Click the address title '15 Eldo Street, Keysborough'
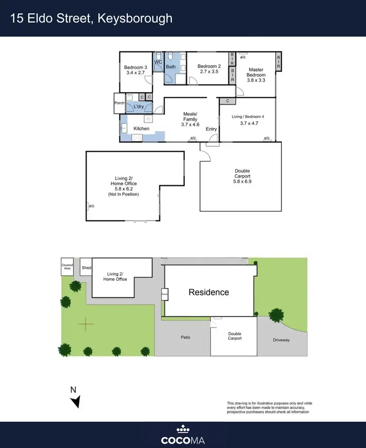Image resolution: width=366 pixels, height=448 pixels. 92,19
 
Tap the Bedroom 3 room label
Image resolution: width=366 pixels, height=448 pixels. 135,67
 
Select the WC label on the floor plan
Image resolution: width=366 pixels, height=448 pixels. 158,62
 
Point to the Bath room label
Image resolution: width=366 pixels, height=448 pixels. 171,67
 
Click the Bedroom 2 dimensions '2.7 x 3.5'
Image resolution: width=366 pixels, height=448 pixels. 209,72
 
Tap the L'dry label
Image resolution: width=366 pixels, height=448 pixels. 139,106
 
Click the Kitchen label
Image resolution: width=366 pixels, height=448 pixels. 142,129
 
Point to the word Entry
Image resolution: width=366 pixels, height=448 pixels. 211,129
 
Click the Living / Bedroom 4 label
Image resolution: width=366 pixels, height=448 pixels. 248,116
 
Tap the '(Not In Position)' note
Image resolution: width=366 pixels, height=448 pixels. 123,194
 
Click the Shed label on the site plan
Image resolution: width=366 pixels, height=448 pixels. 86,268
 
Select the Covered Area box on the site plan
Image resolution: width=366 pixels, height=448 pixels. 67,267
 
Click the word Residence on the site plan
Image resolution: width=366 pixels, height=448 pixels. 209,292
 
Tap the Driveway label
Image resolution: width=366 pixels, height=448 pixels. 281,340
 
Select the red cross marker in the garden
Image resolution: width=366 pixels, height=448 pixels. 85,323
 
